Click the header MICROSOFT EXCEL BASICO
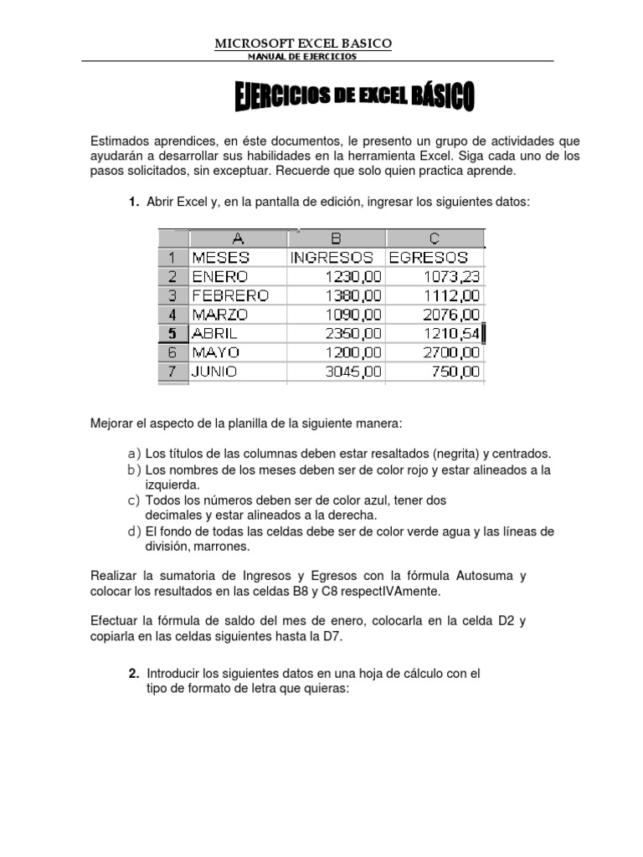pos(303,43)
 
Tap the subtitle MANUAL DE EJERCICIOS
pos(302,56)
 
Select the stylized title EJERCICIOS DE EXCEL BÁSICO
pos(354,96)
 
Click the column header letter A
pos(238,239)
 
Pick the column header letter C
pos(435,239)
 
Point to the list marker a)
pos(134,454)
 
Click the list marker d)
pos(134,531)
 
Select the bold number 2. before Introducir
pos(134,674)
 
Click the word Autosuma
pos(487,576)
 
